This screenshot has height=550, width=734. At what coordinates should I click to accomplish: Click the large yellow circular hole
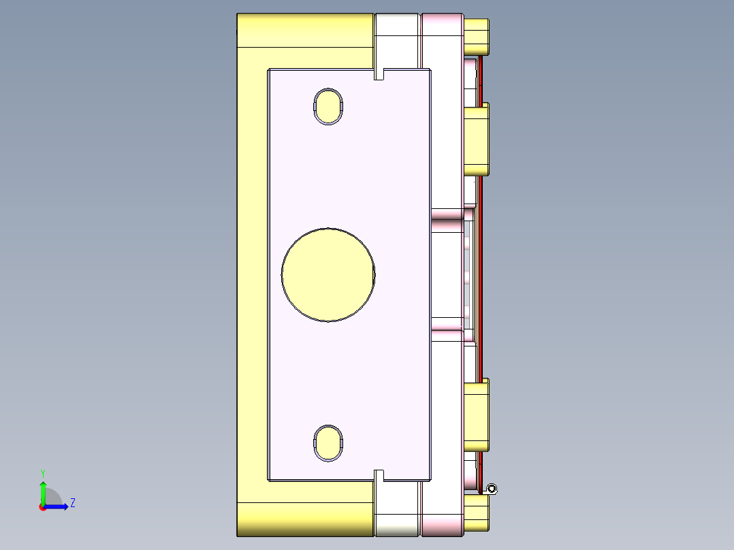pyautogui.click(x=328, y=274)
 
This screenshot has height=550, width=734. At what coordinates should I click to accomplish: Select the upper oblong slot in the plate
pyautogui.click(x=328, y=107)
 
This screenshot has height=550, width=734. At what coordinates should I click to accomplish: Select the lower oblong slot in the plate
pyautogui.click(x=328, y=442)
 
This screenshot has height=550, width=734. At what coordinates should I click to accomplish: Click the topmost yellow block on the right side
pyautogui.click(x=476, y=37)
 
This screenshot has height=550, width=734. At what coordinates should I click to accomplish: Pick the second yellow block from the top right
pyautogui.click(x=476, y=140)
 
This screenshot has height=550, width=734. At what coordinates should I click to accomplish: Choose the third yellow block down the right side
pyautogui.click(x=476, y=415)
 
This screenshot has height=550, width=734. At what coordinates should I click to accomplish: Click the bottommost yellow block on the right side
pyautogui.click(x=476, y=513)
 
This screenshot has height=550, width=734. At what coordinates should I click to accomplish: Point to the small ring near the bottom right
pyautogui.click(x=492, y=488)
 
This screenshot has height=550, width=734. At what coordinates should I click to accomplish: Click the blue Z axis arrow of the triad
pyautogui.click(x=59, y=506)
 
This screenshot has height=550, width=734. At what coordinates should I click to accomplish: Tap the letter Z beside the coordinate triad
pyautogui.click(x=72, y=503)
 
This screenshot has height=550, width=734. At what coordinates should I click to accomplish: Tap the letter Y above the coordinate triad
pyautogui.click(x=43, y=473)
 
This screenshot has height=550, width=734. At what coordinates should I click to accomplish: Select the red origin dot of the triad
pyautogui.click(x=42, y=507)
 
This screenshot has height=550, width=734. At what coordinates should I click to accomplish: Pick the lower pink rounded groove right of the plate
pyautogui.click(x=447, y=334)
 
